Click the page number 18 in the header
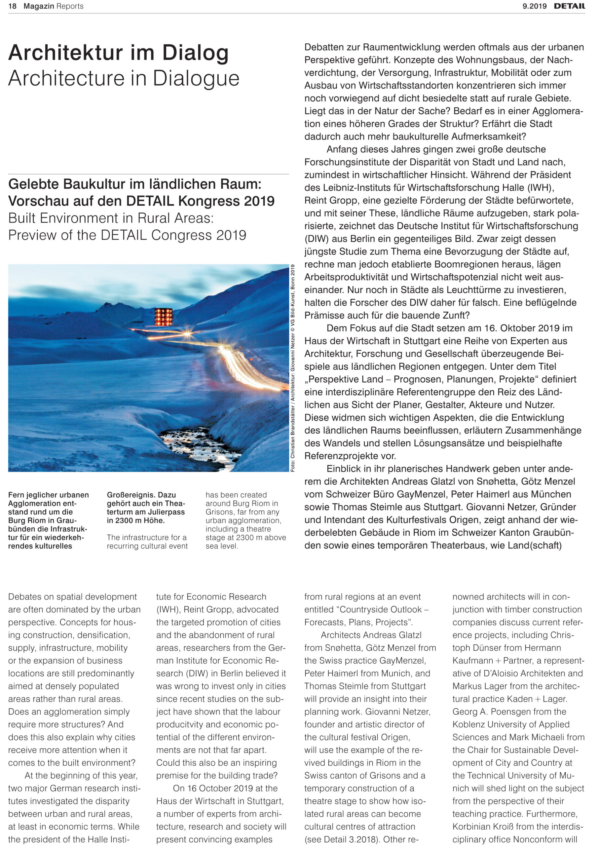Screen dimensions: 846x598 coord(12,6)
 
